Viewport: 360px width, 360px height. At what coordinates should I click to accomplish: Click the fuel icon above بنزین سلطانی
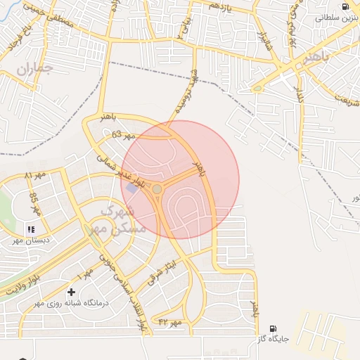pos(345,6)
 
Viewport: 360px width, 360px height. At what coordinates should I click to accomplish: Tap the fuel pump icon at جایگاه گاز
pos(273,328)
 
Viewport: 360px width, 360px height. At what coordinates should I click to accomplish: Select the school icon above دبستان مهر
pos(30,229)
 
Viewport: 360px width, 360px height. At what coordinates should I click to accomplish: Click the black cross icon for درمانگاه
pos(70,292)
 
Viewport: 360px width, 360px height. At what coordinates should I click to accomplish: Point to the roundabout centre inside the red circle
pos(157,189)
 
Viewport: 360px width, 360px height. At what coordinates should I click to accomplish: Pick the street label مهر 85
pos(34,202)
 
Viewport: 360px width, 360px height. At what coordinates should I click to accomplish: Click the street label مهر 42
pos(170,322)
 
